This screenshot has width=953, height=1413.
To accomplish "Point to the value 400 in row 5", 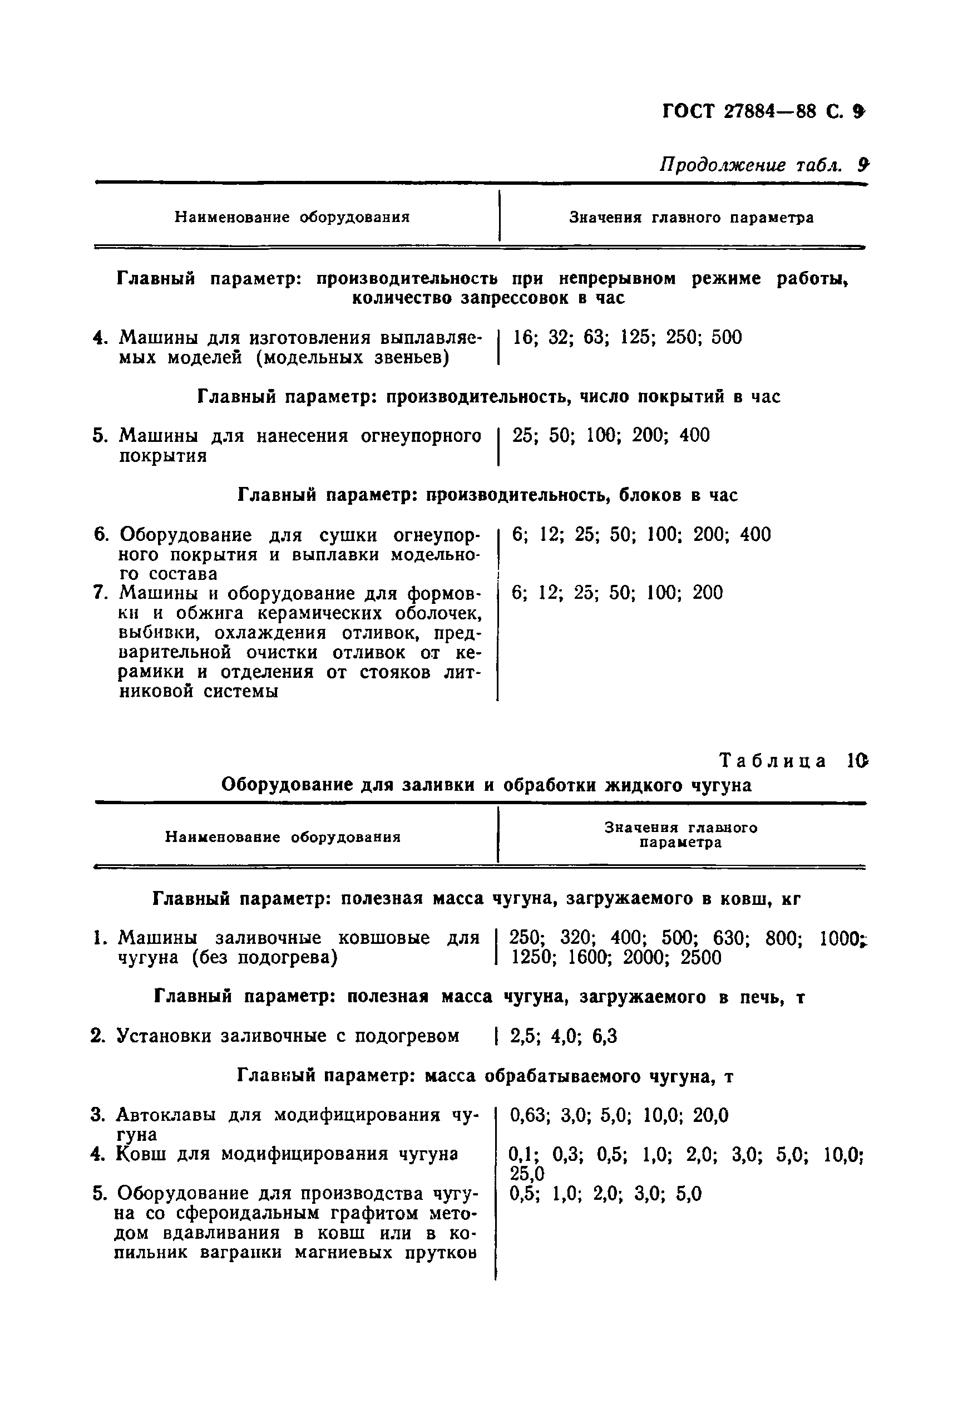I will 694,435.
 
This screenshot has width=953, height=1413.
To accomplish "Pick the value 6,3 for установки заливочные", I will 604,1036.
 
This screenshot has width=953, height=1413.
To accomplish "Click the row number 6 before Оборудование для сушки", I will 101,534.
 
